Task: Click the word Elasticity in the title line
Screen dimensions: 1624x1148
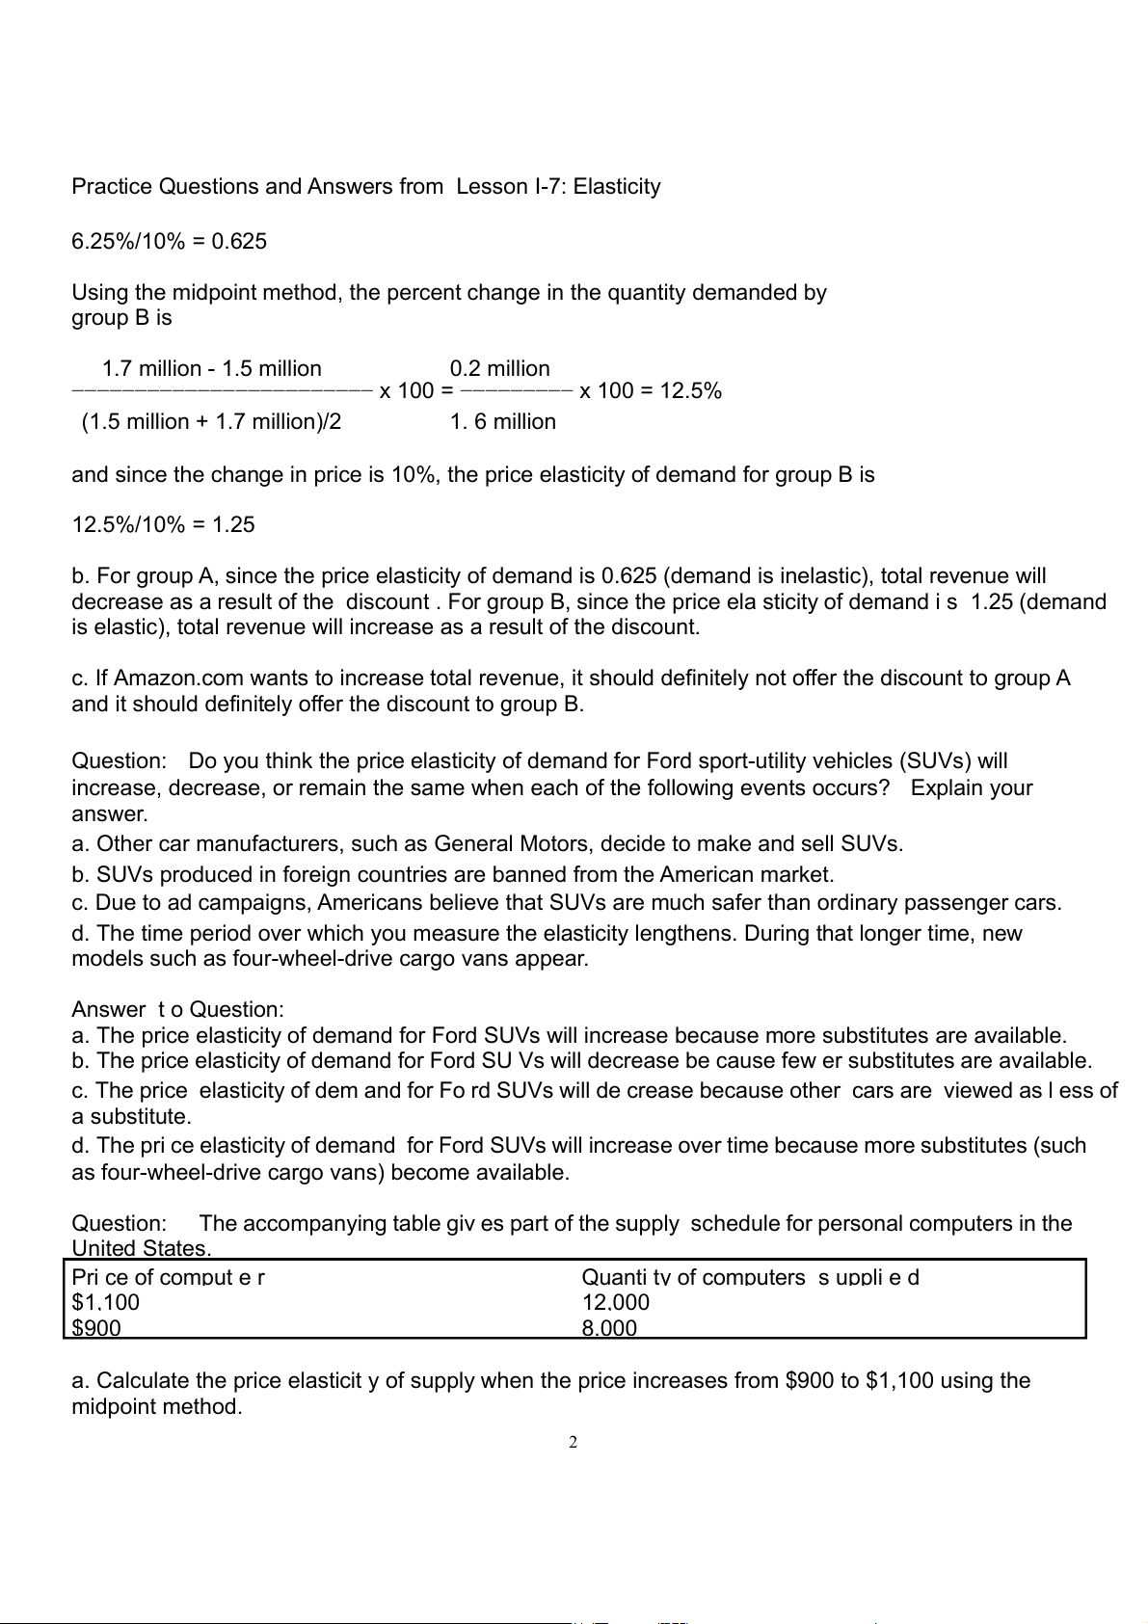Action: [617, 187]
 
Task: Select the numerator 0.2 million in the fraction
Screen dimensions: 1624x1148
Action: [500, 369]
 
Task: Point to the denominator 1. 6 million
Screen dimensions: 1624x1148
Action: [503, 422]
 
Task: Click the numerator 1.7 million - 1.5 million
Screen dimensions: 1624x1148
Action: [212, 369]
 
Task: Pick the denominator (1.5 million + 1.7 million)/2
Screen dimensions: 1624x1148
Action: [212, 422]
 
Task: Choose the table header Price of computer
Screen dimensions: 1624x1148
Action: [169, 1278]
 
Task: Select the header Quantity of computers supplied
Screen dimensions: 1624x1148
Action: [750, 1278]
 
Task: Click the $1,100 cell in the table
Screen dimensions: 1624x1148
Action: [106, 1303]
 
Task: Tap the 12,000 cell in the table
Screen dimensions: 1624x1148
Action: [616, 1303]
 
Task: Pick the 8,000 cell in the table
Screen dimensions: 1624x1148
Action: [609, 1328]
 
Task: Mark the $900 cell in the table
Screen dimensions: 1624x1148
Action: [96, 1328]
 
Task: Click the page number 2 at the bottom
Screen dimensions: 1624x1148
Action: [573, 1443]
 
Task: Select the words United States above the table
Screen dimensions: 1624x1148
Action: [141, 1249]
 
